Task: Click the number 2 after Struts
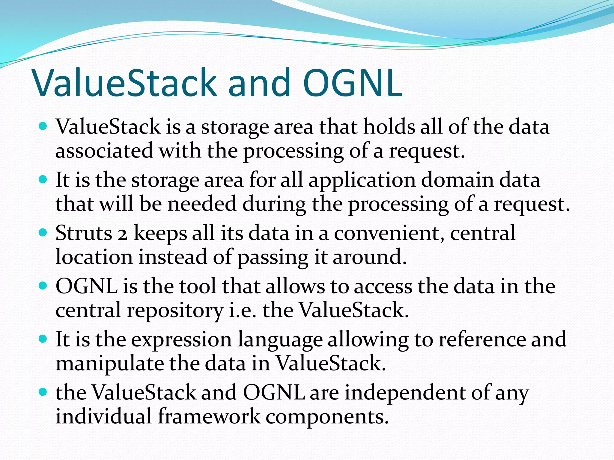coord(122,235)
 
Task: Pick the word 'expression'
coord(181,340)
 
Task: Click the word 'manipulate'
coord(110,363)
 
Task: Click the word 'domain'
coord(457,180)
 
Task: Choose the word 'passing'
coord(273,258)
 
